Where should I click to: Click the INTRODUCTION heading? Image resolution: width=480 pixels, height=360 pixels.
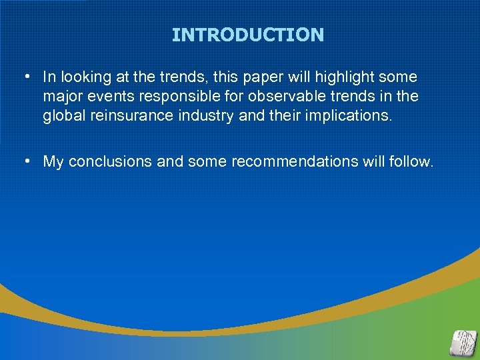pyautogui.click(x=247, y=35)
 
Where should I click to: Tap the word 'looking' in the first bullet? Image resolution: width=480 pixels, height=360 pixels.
pyautogui.click(x=83, y=78)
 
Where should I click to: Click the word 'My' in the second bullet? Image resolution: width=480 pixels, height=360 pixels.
pyautogui.click(x=53, y=161)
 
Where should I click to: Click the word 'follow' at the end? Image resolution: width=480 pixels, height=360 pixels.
pyautogui.click(x=411, y=161)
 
